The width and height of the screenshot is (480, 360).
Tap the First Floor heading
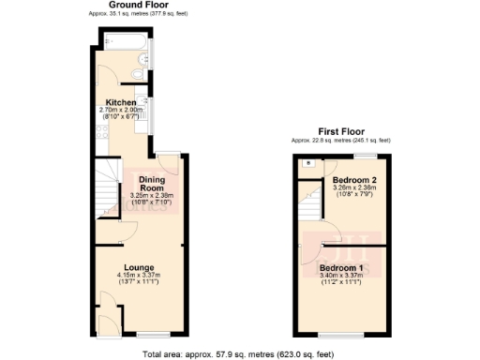pyautogui.click(x=341, y=132)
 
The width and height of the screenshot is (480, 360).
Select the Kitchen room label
pyautogui.click(x=121, y=102)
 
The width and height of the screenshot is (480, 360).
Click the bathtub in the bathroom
pyautogui.click(x=122, y=41)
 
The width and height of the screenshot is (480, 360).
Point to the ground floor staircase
pyautogui.click(x=106, y=188)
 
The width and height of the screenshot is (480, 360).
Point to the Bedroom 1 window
pyautogui.click(x=332, y=335)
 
